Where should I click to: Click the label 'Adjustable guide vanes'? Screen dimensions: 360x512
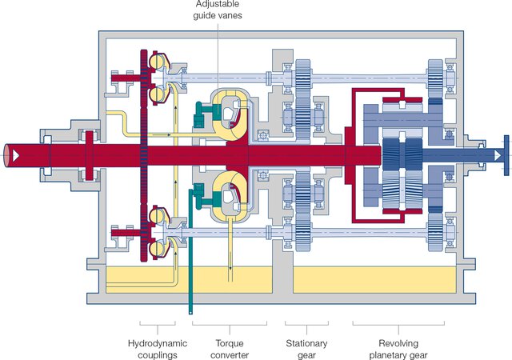click(218, 10)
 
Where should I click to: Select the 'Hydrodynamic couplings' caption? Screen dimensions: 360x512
click(156, 348)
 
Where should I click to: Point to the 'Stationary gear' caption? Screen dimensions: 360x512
click(306, 348)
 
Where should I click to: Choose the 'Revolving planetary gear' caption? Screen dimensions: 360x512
click(398, 348)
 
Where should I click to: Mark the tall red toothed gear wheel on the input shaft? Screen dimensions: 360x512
click(144, 152)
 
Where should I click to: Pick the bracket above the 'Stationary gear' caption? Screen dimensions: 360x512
click(306, 326)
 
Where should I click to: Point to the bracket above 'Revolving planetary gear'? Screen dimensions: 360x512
click(398, 326)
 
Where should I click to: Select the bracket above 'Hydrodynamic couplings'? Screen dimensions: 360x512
click(156, 326)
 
